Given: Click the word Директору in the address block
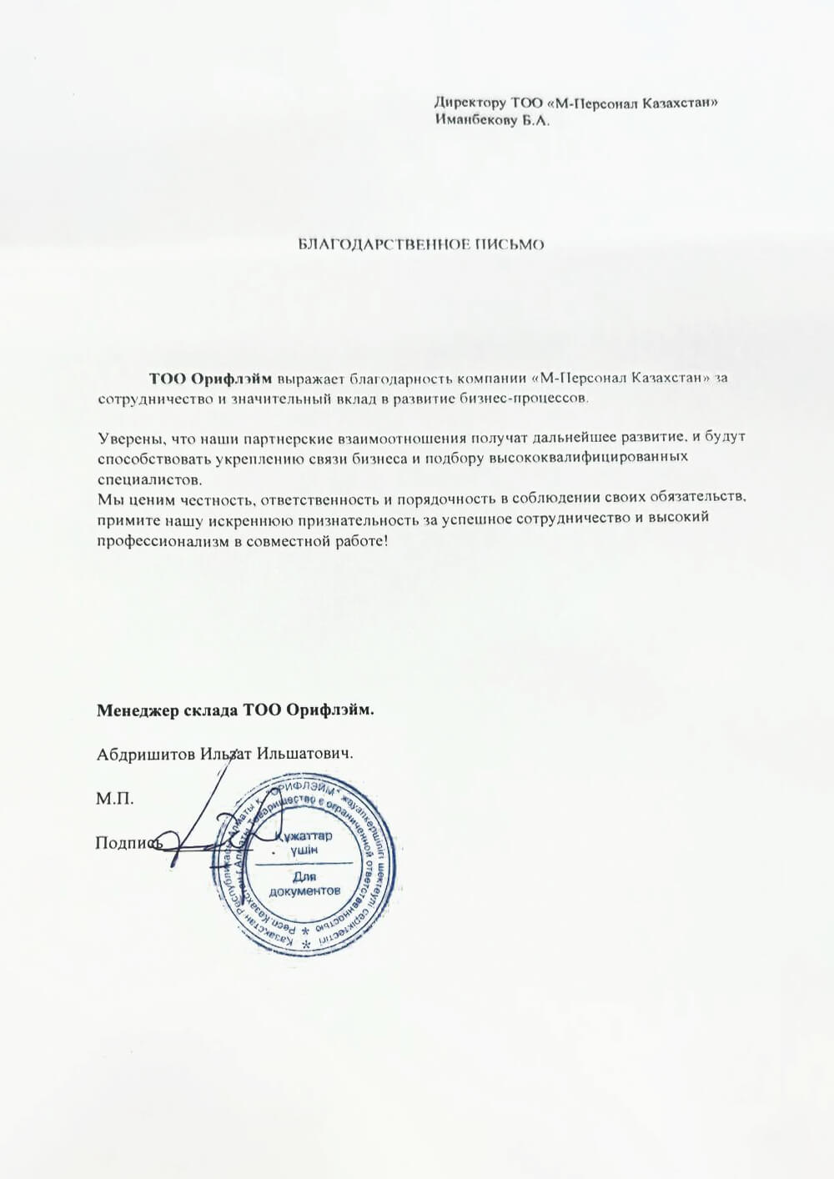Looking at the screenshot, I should (470, 103).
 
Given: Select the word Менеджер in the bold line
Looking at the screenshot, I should (137, 711).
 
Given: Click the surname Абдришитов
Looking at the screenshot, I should (145, 753).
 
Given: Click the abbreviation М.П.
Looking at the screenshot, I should (115, 799).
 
